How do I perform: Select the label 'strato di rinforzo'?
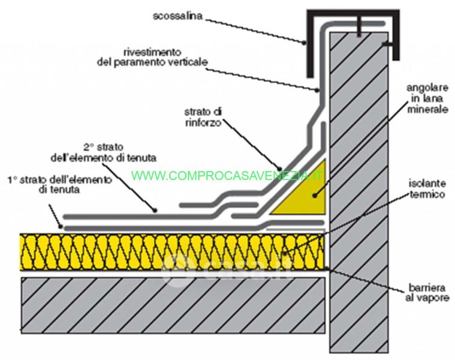(204, 116)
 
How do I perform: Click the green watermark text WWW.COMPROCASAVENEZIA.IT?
(228, 176)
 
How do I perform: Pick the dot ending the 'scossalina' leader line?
(305, 43)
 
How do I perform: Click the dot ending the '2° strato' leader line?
(155, 210)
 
